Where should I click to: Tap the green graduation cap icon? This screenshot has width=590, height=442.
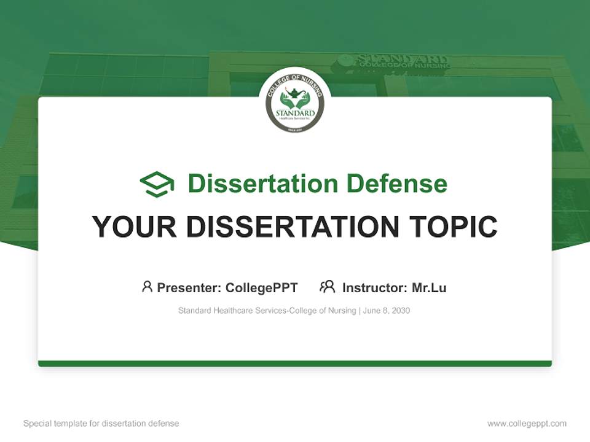[157, 184]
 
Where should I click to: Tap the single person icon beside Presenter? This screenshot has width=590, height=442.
[147, 287]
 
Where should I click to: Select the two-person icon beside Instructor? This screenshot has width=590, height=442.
[327, 287]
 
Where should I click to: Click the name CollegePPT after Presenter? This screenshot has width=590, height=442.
[262, 287]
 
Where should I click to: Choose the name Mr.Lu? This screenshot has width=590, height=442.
[429, 287]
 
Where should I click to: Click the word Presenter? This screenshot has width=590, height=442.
[189, 287]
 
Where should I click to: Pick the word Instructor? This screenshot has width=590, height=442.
[374, 287]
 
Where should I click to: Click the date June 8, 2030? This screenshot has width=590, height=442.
[387, 311]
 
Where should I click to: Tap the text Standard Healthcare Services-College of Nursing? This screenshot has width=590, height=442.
[267, 311]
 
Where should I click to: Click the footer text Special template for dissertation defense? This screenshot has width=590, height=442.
[101, 424]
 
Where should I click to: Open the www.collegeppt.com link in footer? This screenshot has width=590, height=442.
[527, 424]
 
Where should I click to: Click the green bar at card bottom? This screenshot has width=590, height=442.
[295, 363]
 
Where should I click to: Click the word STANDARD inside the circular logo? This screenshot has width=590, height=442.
[295, 113]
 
